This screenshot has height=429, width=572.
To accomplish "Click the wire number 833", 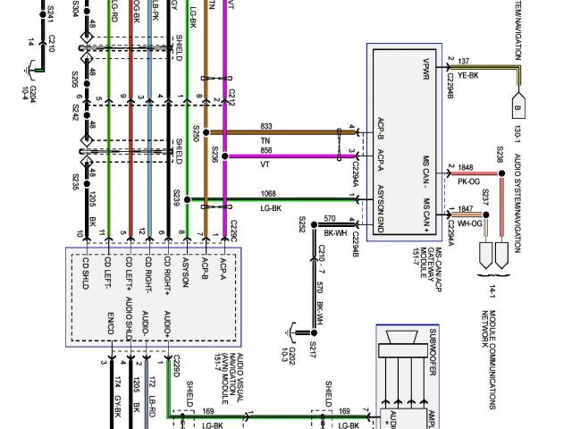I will click(x=266, y=126).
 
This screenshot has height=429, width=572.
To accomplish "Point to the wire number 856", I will click(x=266, y=150).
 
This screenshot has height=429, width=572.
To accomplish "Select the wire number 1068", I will click(x=268, y=192).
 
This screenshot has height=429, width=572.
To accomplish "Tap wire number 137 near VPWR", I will click(x=464, y=61).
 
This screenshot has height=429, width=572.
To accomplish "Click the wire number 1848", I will click(x=466, y=167).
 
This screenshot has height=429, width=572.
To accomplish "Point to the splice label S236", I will click(x=214, y=154).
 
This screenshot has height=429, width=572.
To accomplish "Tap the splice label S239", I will click(x=177, y=195).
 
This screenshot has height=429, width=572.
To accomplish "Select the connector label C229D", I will click(x=177, y=364).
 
